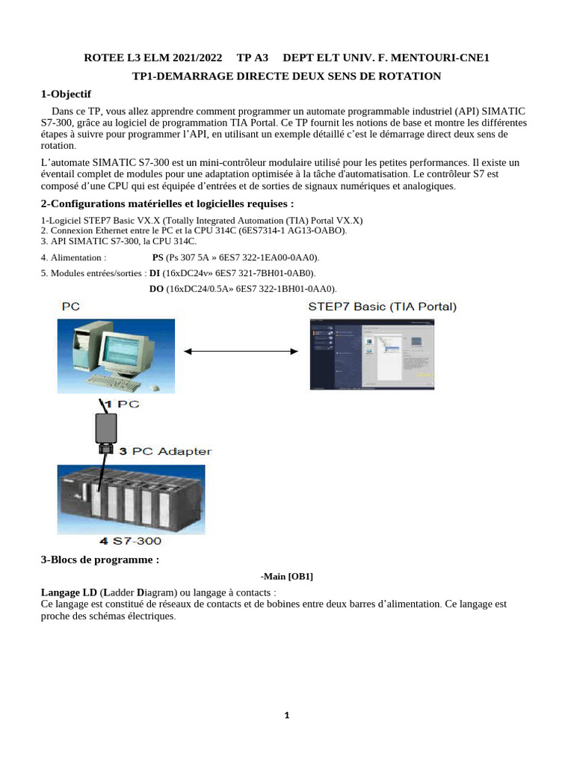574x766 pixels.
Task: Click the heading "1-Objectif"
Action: (66, 94)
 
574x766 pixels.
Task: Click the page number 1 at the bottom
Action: (287, 715)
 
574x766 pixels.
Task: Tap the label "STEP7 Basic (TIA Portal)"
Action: (382, 307)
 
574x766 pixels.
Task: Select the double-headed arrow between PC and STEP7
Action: (241, 352)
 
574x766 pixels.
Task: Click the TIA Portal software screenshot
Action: (371, 353)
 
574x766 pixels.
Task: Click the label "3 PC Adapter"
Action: (165, 451)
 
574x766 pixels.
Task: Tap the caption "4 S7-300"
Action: (131, 540)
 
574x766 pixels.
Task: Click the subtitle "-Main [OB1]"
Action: (287, 576)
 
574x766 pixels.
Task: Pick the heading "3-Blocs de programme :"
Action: (99, 560)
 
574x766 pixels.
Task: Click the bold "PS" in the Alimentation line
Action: (158, 257)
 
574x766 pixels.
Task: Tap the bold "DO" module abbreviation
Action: (156, 289)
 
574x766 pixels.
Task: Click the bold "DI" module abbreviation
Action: (155, 273)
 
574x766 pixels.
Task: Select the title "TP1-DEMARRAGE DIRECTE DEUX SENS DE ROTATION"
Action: (287, 76)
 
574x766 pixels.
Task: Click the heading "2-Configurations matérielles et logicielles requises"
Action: (167, 204)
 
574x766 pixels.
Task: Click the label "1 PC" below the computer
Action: (121, 404)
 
